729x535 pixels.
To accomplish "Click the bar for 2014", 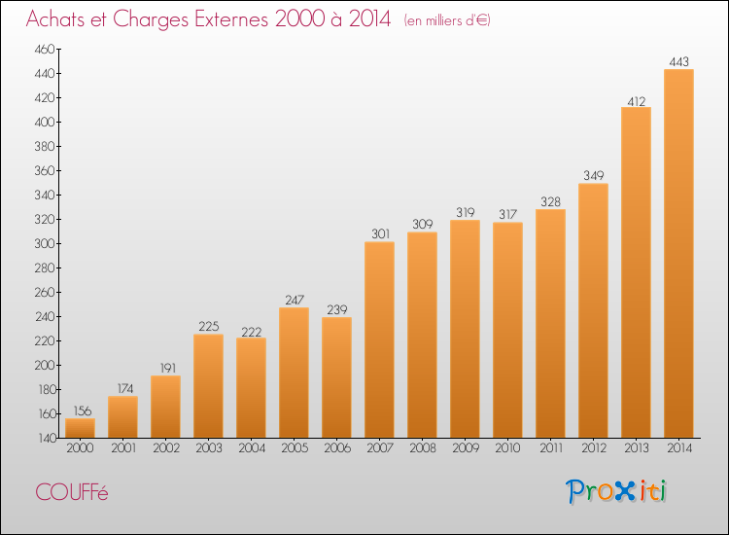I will [x=678, y=253].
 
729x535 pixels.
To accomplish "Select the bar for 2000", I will [x=80, y=427].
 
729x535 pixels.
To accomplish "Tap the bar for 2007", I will [x=379, y=339].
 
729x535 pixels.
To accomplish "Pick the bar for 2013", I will [x=636, y=272].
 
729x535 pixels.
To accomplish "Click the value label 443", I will [x=678, y=61].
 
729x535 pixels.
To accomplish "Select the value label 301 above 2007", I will [x=379, y=233].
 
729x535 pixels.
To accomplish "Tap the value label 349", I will [x=593, y=175].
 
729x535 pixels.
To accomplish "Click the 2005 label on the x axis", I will [x=294, y=447].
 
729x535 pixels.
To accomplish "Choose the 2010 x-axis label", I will [x=507, y=447].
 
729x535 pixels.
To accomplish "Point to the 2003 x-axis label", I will [x=208, y=447].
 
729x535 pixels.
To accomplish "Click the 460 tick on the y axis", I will [x=44, y=49].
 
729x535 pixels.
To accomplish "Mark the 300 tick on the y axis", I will [x=44, y=243].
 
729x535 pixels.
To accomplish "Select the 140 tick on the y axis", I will [x=44, y=438].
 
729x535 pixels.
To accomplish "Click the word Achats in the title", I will [x=60, y=19].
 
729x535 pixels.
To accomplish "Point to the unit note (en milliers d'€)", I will [x=447, y=20].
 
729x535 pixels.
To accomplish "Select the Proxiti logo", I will [x=617, y=491].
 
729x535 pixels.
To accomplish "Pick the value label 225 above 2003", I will [x=208, y=327].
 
